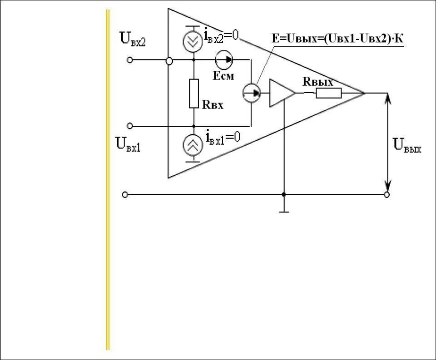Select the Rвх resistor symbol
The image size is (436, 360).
click(194, 94)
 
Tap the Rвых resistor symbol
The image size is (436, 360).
click(328, 93)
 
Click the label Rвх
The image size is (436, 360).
click(213, 105)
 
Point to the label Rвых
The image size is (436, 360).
click(318, 82)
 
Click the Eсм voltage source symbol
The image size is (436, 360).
click(223, 59)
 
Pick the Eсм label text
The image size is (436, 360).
click(223, 76)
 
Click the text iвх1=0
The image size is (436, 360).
click(223, 136)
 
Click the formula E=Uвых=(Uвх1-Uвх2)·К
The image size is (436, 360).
click(337, 39)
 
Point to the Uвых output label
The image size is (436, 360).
click(407, 146)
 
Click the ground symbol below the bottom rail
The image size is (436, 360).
click(284, 209)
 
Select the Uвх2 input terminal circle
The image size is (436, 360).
click(130, 60)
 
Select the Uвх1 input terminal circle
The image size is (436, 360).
click(130, 126)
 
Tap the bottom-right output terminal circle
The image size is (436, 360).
click(387, 195)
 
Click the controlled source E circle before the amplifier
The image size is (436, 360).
click(251, 93)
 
